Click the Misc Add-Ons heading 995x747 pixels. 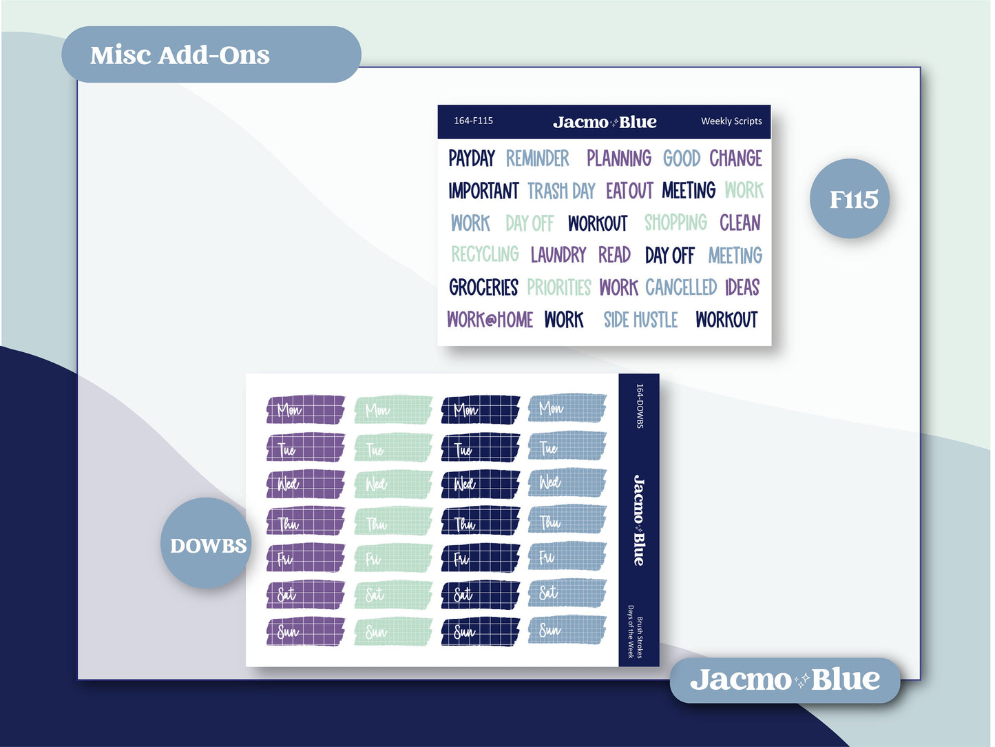[180, 55]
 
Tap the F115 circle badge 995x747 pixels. [853, 200]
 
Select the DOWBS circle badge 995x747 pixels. [208, 546]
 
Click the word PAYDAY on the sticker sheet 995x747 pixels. [472, 158]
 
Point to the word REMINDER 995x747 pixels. [538, 158]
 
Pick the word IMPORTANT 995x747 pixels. [483, 191]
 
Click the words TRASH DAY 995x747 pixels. [561, 191]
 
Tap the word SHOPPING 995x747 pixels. [675, 223]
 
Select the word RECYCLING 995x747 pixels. [485, 255]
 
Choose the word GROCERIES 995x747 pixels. [483, 287]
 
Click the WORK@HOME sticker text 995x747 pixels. [490, 320]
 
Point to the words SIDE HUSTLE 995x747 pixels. [640, 320]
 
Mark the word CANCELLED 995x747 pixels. [681, 287]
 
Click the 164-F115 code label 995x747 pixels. [473, 121]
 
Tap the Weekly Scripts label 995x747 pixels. [731, 121]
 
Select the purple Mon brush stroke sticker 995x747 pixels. [306, 409]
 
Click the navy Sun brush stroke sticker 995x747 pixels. [481, 631]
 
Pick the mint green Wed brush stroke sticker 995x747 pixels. [393, 484]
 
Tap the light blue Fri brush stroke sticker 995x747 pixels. [567, 557]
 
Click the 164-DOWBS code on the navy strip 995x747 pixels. [640, 407]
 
